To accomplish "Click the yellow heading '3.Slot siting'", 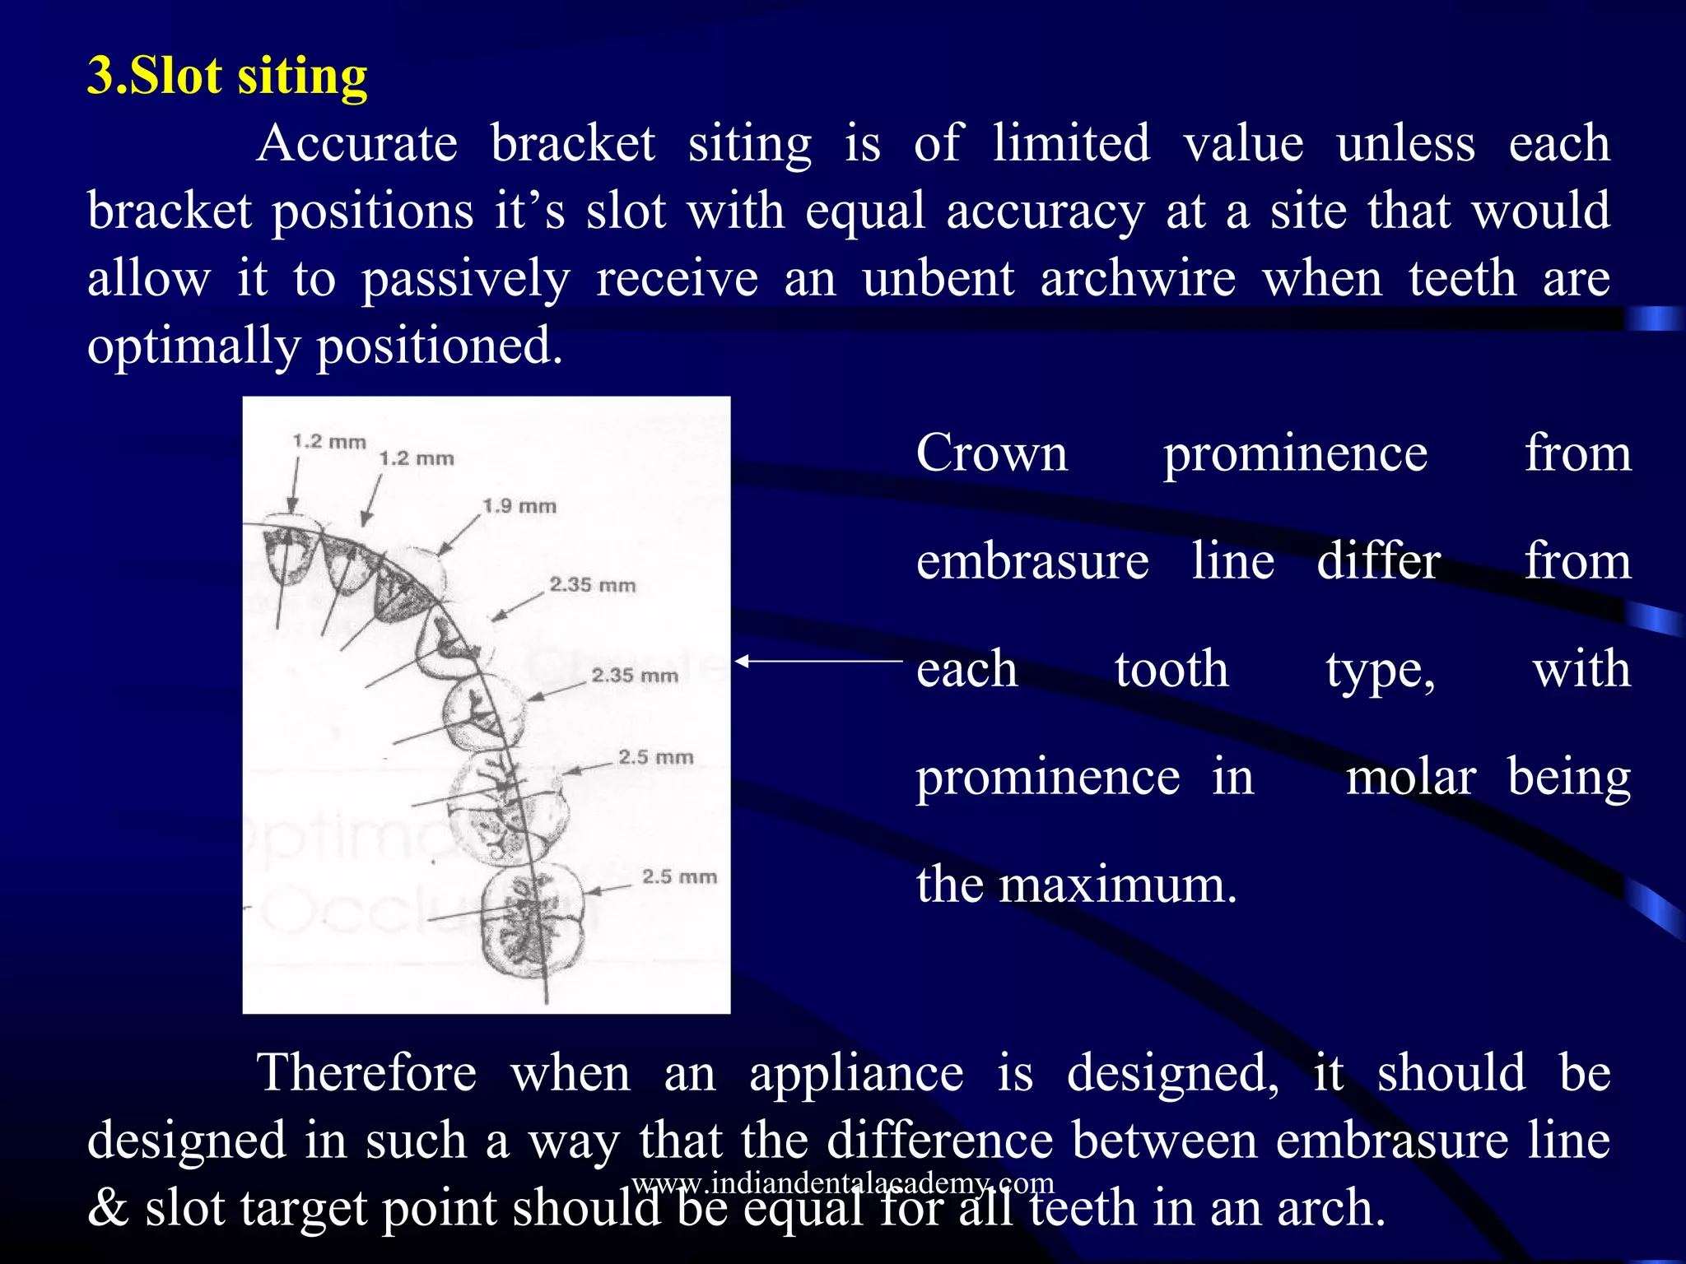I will click(x=227, y=76).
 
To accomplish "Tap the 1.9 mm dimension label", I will click(x=519, y=505).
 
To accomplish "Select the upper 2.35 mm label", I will click(x=593, y=585).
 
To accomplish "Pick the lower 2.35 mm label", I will click(x=635, y=676).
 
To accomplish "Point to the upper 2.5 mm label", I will click(x=656, y=757).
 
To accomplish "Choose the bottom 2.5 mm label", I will click(x=679, y=876).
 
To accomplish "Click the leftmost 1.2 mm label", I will click(x=329, y=442).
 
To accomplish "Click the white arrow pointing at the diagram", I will click(x=818, y=661).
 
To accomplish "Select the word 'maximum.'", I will click(x=1118, y=885).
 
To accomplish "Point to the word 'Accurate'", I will click(x=357, y=143).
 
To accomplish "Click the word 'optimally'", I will click(x=193, y=346).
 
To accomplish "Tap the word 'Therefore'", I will click(x=367, y=1073).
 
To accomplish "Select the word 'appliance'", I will click(x=856, y=1075).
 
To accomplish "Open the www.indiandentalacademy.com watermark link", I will click(x=843, y=1183).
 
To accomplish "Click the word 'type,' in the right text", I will click(x=1381, y=670).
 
